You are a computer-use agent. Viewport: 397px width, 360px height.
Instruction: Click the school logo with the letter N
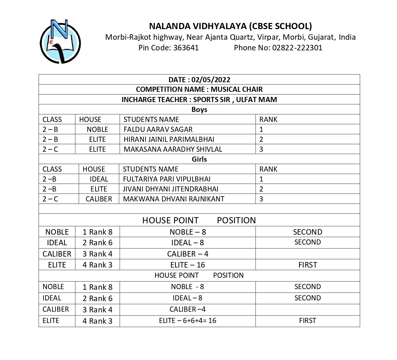click(x=60, y=42)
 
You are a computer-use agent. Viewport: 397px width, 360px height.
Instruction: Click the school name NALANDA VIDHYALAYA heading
click(x=230, y=26)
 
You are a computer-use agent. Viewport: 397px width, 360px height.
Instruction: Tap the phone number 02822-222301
click(x=297, y=48)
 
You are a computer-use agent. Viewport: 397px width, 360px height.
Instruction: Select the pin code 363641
click(x=186, y=48)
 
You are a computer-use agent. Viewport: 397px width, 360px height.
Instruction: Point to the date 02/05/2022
click(x=211, y=80)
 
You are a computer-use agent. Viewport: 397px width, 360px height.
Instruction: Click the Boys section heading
click(x=199, y=110)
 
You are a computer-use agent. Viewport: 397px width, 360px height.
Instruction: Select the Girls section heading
click(x=199, y=159)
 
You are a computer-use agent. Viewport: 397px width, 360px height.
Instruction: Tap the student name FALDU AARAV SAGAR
click(x=158, y=129)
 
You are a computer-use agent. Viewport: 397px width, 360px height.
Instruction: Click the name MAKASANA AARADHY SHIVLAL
click(x=173, y=149)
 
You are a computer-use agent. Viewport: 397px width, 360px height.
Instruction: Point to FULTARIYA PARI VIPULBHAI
click(x=166, y=179)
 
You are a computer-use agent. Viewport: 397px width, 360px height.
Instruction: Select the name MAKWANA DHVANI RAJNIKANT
click(x=173, y=199)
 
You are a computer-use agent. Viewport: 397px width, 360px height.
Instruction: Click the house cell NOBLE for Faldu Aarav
click(x=97, y=129)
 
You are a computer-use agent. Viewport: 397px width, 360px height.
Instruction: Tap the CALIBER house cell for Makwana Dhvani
click(x=99, y=199)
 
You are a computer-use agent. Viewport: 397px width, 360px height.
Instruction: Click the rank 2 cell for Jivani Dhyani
click(x=261, y=189)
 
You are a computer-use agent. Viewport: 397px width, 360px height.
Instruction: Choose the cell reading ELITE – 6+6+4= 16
click(x=187, y=321)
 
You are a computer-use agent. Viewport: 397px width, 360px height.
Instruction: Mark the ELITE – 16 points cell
click(x=187, y=265)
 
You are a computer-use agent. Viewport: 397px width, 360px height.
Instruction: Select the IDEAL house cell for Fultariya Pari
click(x=99, y=179)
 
